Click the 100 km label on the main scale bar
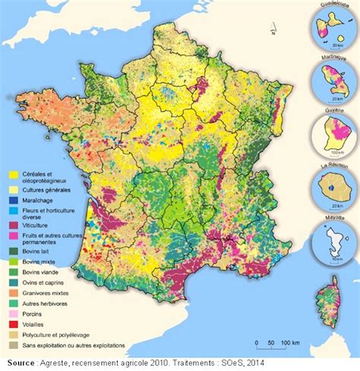click(x=289, y=344)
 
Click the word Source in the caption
click(x=16, y=362)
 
